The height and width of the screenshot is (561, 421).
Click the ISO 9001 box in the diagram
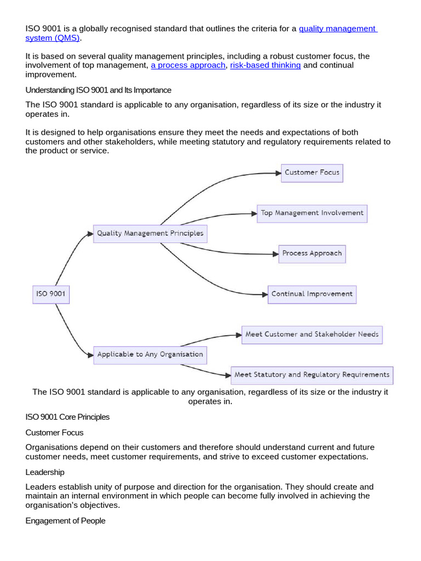click(50, 294)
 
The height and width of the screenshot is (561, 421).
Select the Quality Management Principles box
click(150, 233)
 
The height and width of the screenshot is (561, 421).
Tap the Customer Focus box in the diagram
click(312, 173)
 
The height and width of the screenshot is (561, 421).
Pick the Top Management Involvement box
click(312, 213)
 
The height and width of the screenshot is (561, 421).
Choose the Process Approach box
click(312, 254)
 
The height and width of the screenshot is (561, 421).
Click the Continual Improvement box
click(312, 294)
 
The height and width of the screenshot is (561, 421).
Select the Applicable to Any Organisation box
click(150, 354)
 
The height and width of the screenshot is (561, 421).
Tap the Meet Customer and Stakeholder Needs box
click(312, 334)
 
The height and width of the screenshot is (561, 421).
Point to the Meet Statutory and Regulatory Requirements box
click(312, 375)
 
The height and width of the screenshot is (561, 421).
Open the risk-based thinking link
click(265, 65)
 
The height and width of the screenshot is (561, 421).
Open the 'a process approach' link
click(188, 65)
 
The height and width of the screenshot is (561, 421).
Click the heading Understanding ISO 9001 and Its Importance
click(98, 90)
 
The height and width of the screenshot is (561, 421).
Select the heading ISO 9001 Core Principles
click(67, 417)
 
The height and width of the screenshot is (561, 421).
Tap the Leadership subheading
click(45, 472)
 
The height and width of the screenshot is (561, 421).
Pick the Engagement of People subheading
click(65, 521)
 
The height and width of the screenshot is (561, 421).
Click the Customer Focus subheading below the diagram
click(54, 432)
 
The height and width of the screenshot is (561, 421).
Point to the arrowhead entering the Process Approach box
click(275, 254)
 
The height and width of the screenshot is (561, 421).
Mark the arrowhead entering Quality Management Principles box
click(90, 234)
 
